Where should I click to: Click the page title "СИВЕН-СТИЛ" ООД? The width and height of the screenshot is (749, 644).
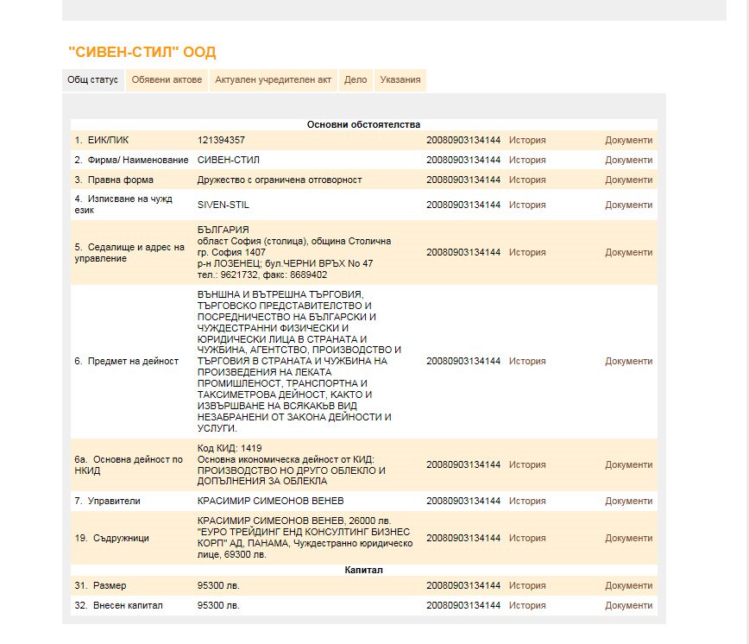[x=142, y=53]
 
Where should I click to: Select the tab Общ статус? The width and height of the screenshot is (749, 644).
[x=92, y=80]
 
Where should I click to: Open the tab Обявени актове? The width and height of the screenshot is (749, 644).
[x=167, y=80]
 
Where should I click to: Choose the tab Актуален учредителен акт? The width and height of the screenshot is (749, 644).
[x=274, y=80]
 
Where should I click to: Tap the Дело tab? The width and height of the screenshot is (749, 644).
[x=356, y=80]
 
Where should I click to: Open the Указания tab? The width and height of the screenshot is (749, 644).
[x=400, y=80]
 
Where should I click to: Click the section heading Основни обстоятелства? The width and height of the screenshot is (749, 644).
[x=363, y=125]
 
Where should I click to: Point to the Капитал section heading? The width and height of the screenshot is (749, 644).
[x=363, y=570]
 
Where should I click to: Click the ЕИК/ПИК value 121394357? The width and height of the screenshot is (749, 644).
[x=221, y=140]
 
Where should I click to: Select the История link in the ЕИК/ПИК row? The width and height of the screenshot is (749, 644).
[x=527, y=140]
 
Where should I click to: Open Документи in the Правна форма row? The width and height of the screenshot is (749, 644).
[x=628, y=180]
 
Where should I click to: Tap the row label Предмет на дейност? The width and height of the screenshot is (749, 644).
[x=126, y=361]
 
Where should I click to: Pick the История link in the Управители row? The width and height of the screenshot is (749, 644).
[x=527, y=501]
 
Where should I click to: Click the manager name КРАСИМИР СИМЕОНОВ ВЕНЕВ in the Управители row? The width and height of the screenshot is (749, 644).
[x=270, y=501]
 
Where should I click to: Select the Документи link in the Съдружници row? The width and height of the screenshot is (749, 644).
[x=628, y=538]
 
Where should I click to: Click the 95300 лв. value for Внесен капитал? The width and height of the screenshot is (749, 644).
[x=218, y=605]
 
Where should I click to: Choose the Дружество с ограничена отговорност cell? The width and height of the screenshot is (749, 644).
[x=280, y=180]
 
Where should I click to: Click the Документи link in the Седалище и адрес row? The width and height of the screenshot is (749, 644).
[x=628, y=252]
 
